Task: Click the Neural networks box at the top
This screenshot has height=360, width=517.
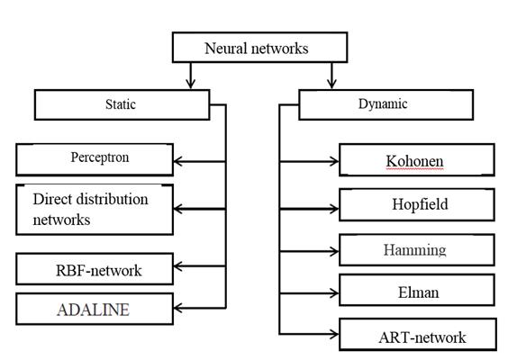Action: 259,48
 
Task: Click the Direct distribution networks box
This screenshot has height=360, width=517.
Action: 95,210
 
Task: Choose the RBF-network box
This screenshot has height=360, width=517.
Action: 95,268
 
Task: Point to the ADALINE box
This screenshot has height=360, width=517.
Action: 95,310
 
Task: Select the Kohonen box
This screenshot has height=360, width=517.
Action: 416,160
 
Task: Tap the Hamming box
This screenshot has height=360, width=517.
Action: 416,249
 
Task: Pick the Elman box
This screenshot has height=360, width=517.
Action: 416,290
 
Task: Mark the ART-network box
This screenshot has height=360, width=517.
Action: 416,336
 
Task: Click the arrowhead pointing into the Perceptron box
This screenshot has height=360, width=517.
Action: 179,162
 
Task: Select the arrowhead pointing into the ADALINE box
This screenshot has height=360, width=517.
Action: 179,310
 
